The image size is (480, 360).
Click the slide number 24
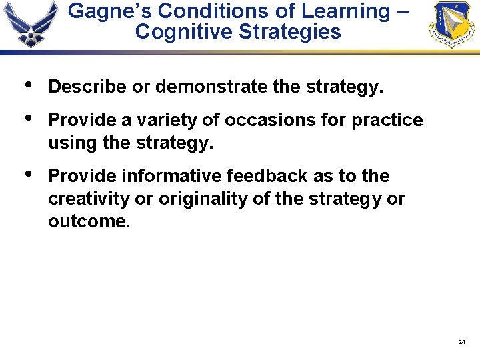click(461, 342)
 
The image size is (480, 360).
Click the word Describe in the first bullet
click(86, 87)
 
